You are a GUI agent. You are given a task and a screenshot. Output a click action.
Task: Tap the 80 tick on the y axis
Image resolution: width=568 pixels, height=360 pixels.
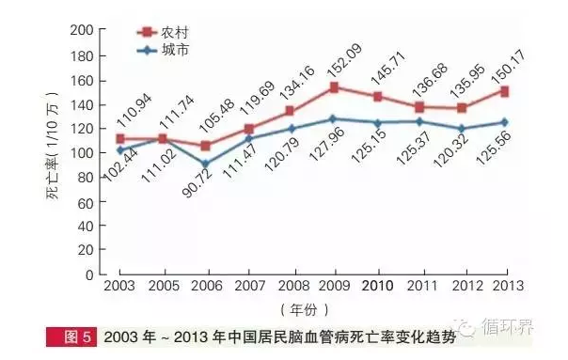tap(85, 177)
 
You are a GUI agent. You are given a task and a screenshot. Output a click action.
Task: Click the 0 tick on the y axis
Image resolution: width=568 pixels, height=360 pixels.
tap(88, 275)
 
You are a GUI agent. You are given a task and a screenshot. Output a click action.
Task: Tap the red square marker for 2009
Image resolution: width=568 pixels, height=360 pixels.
tap(334, 87)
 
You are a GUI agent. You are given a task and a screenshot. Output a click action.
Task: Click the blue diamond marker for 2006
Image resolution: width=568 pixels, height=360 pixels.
tap(204, 164)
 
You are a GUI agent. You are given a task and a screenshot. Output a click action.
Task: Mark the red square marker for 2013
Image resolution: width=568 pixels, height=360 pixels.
tap(507, 91)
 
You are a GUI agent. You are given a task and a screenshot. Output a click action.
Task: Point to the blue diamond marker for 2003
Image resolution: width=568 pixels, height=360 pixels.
tap(119, 149)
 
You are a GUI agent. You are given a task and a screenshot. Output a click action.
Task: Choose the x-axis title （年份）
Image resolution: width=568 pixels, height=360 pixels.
tap(311, 309)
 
